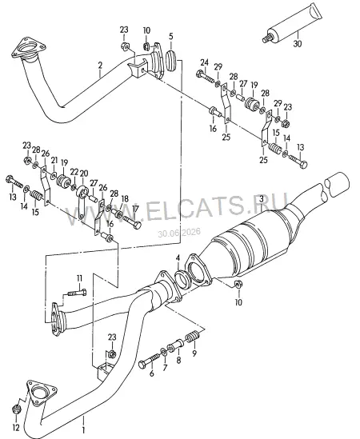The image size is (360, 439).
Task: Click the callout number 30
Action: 298,43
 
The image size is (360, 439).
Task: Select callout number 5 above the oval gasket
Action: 171,36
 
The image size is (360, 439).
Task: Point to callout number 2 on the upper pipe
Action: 100,66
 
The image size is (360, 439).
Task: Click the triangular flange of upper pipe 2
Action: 28,50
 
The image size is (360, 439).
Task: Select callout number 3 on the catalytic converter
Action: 261,199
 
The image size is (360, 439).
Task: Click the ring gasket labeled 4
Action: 183,279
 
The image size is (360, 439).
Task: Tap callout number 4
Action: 178,257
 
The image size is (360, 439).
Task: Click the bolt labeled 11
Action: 77,293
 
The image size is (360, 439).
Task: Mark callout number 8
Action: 178,360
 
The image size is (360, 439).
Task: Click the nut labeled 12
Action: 17,409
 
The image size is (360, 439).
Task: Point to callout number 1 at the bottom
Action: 83,429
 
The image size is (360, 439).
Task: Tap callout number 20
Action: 84,174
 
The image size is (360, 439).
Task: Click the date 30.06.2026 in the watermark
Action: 179,233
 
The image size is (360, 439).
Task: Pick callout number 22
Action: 74,171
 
